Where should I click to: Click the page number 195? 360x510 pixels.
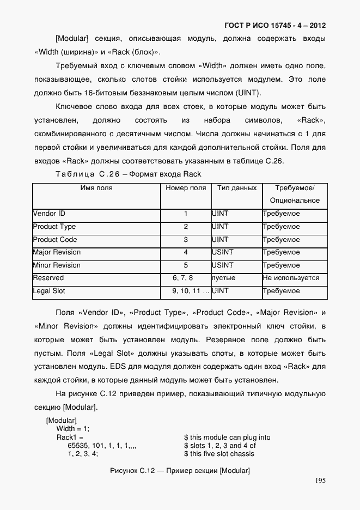tap(320, 481)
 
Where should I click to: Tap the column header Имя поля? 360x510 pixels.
tap(96, 188)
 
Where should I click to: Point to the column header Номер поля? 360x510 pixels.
tap(186, 188)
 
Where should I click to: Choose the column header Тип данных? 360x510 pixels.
tap(236, 188)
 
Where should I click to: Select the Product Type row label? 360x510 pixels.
tap(54, 227)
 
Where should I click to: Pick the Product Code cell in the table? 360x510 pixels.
tap(55, 240)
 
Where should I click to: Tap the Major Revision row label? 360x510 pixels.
tap(57, 252)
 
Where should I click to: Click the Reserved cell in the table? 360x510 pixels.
tap(48, 278)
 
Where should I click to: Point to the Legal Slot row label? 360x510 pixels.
tap(49, 291)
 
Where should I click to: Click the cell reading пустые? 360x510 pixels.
tap(223, 278)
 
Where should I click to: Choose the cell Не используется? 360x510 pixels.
tap(291, 278)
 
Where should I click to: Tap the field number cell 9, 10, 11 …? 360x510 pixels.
tap(190, 291)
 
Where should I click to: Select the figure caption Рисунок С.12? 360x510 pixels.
tap(179, 471)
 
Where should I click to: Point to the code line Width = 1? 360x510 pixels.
tap(73, 429)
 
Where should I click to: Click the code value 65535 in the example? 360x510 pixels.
tap(78, 446)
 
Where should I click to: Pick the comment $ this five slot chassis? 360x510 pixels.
tap(219, 454)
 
